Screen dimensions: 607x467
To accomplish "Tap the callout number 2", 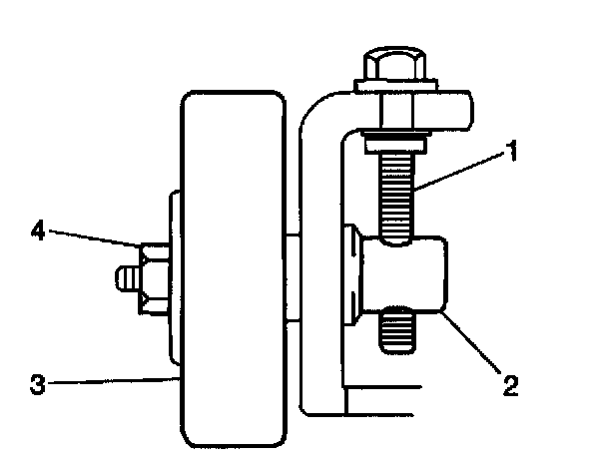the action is (x=510, y=385).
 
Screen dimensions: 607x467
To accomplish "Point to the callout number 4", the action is (x=39, y=232).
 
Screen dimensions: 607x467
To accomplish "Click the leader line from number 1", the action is (x=464, y=171).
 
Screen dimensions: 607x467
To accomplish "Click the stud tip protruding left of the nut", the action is (x=126, y=276).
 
